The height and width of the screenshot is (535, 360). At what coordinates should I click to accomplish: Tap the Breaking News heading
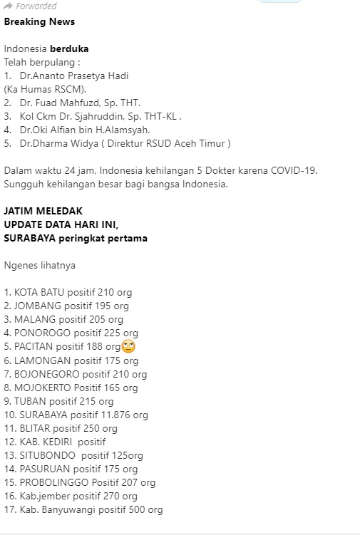click(39, 21)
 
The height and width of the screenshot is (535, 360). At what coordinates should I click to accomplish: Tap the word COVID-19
click(292, 171)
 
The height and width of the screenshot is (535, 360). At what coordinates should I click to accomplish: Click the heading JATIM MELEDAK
click(43, 211)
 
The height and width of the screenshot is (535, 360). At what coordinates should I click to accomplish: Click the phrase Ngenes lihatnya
click(39, 266)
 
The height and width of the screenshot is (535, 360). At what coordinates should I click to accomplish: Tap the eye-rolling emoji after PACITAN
click(128, 347)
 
